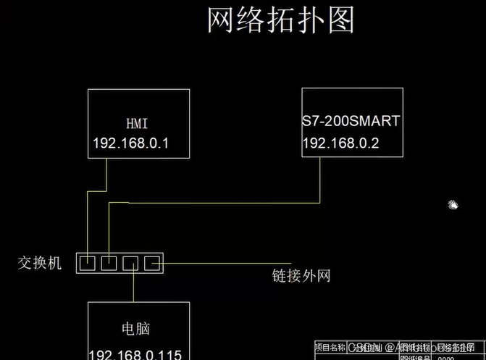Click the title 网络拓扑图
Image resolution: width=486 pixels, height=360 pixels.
281,21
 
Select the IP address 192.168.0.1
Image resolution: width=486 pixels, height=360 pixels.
130,143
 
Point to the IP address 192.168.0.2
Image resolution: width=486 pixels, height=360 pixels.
340,143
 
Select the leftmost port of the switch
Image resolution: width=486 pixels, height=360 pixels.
87,263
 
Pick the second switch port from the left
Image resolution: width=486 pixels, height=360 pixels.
109,263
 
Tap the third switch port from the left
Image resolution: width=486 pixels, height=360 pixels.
131,263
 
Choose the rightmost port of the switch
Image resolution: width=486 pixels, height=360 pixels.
153,263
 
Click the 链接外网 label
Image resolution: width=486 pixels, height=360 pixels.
301,275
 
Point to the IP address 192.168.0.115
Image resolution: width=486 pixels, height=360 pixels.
135,354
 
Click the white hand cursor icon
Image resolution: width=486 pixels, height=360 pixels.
453,205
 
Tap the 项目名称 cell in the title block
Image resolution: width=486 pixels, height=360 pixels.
331,347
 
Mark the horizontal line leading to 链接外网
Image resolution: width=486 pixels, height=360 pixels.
217,261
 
